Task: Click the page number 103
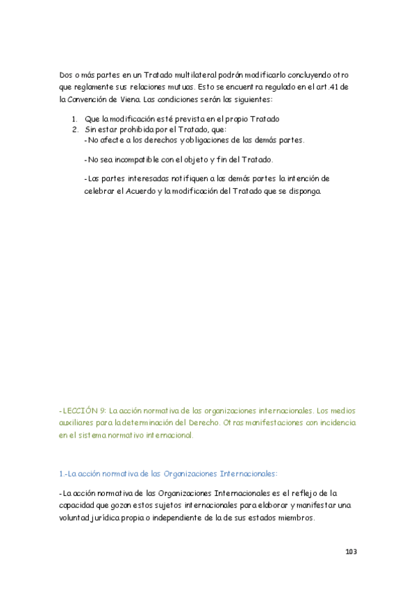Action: click(351, 551)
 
